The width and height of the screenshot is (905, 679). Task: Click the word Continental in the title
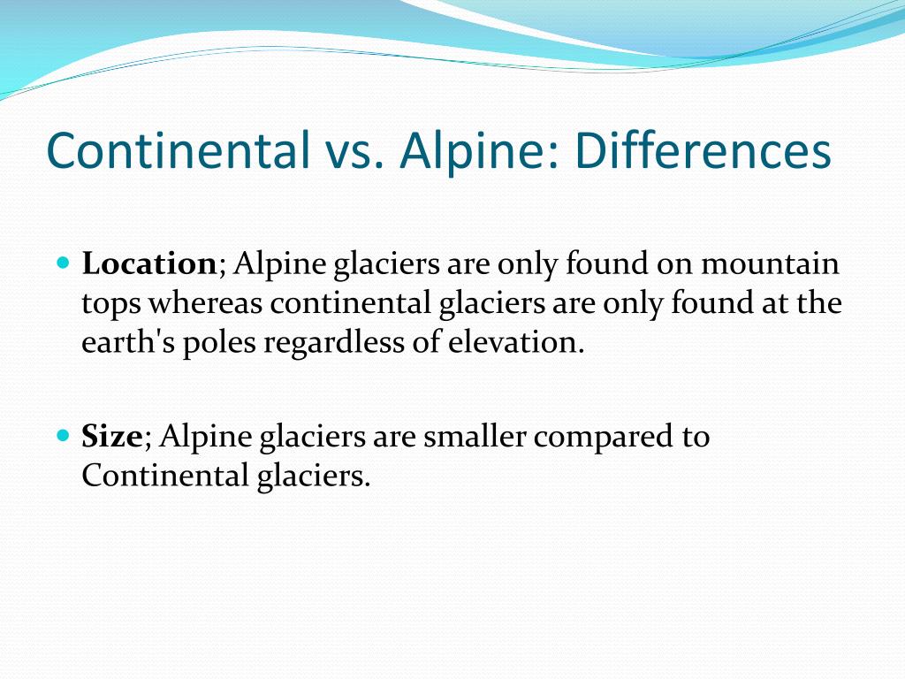click(x=173, y=151)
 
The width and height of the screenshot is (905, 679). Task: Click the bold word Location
click(x=148, y=263)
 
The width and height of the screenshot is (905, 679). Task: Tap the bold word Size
click(x=111, y=437)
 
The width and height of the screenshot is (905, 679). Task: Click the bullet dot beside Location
click(x=62, y=263)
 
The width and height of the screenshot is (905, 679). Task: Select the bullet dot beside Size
click(x=62, y=436)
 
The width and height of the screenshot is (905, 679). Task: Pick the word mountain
click(x=772, y=263)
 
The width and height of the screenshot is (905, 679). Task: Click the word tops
click(x=111, y=304)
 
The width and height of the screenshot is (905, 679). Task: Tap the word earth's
click(x=128, y=343)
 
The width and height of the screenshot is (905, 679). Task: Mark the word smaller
click(x=470, y=437)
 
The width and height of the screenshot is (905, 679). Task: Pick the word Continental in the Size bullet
click(x=159, y=477)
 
